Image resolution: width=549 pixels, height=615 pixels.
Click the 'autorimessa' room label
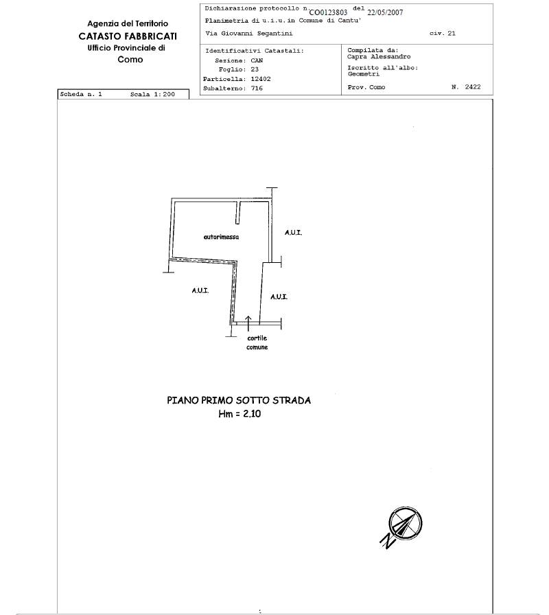[x=221, y=237]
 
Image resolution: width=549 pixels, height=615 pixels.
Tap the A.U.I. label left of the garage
[x=200, y=290]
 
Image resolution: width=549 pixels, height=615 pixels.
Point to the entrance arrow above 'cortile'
[x=248, y=320]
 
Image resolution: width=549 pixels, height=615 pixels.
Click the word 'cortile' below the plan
[x=257, y=338]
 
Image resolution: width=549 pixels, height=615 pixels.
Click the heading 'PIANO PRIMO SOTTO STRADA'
[x=239, y=400]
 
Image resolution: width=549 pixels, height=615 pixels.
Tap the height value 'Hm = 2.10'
[x=240, y=414]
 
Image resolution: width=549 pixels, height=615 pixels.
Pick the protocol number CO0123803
[x=328, y=12]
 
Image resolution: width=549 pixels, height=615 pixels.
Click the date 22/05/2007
[x=385, y=12]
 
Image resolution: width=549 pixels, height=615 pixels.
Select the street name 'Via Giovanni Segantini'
[x=249, y=34]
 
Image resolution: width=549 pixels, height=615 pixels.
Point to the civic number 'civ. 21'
[x=443, y=34]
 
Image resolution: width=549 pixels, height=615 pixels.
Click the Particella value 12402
[x=261, y=79]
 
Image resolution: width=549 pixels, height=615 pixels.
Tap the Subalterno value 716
[x=257, y=89]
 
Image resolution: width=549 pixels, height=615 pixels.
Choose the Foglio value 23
[x=255, y=69]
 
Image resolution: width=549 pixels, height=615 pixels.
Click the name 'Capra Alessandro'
[x=379, y=57]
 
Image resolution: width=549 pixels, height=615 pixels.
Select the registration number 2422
[x=473, y=87]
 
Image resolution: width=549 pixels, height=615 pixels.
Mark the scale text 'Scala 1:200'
[x=152, y=94]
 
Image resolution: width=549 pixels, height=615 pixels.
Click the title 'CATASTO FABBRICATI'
[x=128, y=36]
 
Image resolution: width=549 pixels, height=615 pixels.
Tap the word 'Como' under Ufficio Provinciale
[x=130, y=60]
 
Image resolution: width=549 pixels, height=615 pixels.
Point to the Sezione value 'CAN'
[x=257, y=60]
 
